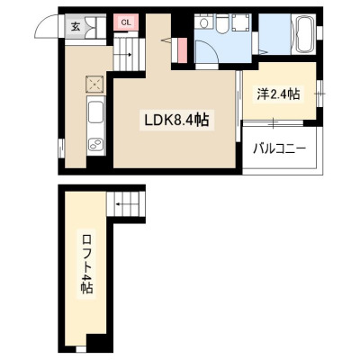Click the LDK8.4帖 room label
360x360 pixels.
point(176,121)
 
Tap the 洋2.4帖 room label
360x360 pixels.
point(278,94)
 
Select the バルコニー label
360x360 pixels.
point(279,148)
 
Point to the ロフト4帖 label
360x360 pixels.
point(86,265)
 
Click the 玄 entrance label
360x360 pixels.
point(76,27)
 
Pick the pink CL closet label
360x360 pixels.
point(126,22)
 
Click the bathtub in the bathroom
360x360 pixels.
point(305,34)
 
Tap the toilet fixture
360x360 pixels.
point(222,24)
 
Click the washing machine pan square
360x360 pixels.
point(240,22)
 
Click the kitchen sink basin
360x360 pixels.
point(96,112)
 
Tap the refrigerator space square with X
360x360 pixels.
point(95,84)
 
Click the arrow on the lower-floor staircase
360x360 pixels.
point(124,55)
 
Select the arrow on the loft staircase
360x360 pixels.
point(123,204)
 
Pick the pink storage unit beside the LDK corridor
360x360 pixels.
point(181,50)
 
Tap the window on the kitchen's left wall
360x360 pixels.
point(62,148)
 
